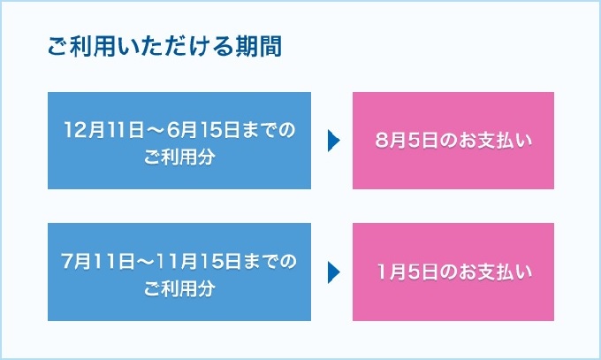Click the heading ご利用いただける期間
coord(164,47)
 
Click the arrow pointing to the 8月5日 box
coord(333,142)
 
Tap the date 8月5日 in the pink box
coord(400,142)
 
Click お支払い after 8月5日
coord(483,142)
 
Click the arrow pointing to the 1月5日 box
coord(333,273)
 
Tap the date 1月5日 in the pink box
coord(400,273)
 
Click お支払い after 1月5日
coord(483,273)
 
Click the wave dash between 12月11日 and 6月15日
coord(148,130)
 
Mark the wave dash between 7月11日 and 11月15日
coord(141,263)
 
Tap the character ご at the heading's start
coord(57,47)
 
